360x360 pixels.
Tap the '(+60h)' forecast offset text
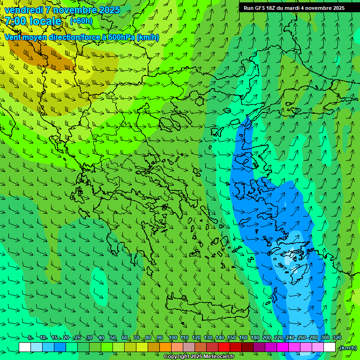81,21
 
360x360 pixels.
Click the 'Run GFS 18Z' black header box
294,8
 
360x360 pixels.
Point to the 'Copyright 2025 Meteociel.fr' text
199,357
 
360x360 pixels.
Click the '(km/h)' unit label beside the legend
348,348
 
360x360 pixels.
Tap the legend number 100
172,338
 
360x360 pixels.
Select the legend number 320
337,338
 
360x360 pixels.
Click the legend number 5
30,338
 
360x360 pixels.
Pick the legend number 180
255,338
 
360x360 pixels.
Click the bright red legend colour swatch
224,347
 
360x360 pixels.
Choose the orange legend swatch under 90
165,347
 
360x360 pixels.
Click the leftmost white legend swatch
25,347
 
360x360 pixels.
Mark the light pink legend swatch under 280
318,347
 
